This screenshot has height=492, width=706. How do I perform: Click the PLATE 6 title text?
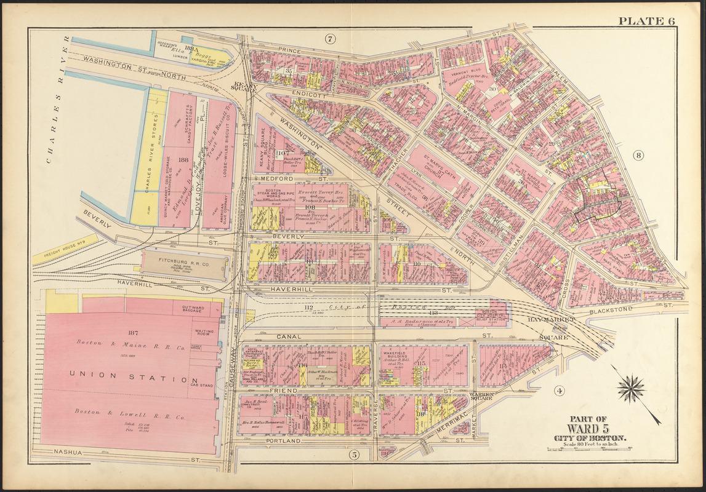pos(646,21)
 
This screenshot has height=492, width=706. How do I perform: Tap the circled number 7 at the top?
pos(330,39)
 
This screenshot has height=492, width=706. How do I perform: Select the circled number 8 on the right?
pos(638,156)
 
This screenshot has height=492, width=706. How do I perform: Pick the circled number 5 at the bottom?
pos(354,455)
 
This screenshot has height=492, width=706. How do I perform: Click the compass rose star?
pos(632,389)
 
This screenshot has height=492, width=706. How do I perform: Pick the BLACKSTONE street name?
pos(610,310)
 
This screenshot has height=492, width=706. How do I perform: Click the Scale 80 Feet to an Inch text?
pos(589,445)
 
